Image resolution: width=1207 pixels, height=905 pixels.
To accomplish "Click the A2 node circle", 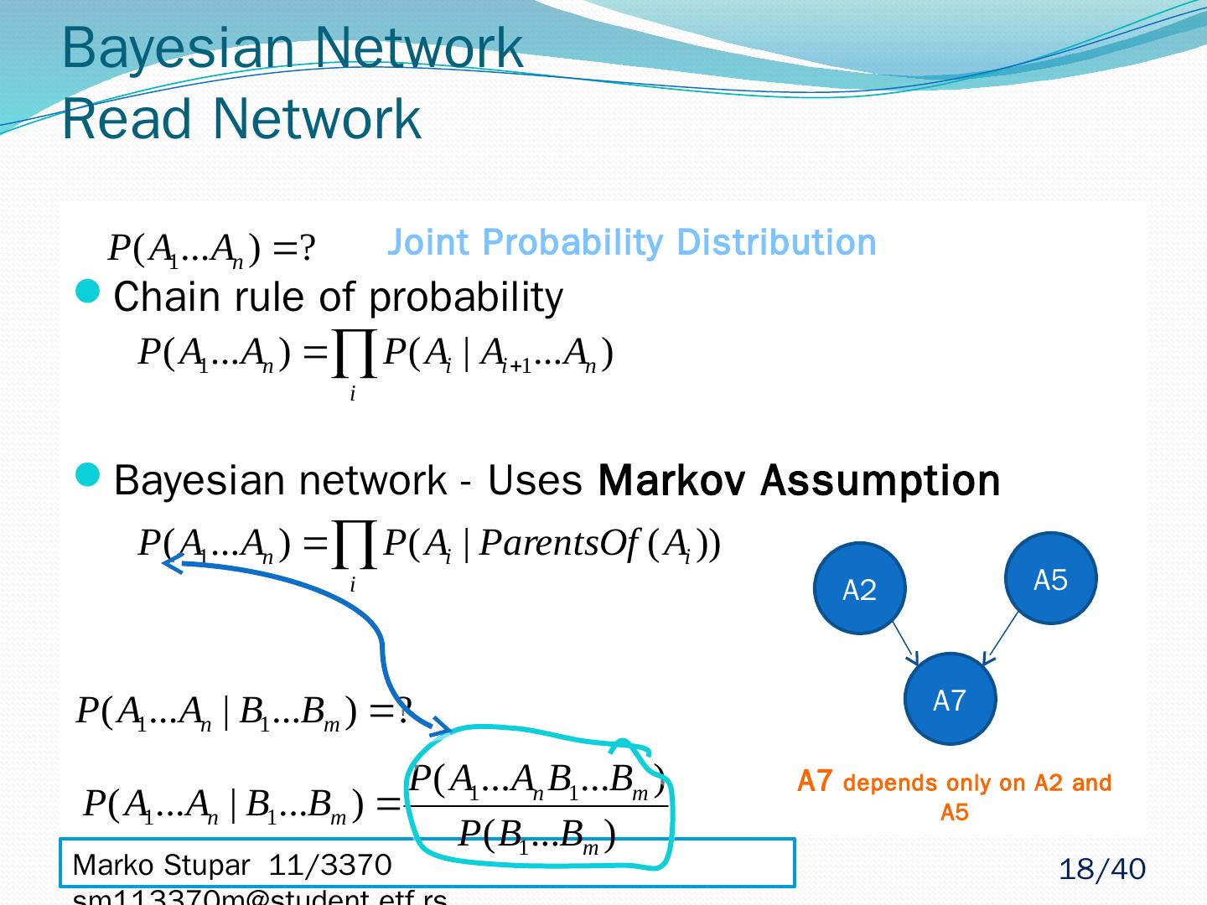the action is [x=859, y=588].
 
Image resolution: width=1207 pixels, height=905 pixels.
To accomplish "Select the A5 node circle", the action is [x=1051, y=578].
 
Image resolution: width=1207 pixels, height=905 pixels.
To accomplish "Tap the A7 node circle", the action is [x=951, y=699].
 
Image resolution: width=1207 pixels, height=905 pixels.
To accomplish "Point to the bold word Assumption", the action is [x=880, y=481].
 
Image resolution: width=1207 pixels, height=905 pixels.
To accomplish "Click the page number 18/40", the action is [x=1101, y=870].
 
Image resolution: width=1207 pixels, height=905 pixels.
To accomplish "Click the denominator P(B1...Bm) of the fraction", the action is [x=537, y=835].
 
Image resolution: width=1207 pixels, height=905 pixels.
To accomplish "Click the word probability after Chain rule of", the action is [x=465, y=297].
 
